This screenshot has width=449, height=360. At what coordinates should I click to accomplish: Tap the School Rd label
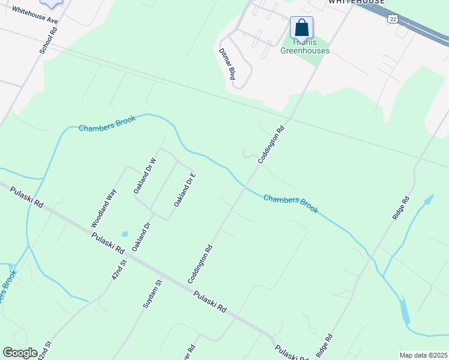pyautogui.click(x=48, y=40)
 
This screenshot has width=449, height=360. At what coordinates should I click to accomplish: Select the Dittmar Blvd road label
pyautogui.click(x=227, y=64)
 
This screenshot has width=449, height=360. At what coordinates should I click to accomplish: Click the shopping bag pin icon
pyautogui.click(x=301, y=28)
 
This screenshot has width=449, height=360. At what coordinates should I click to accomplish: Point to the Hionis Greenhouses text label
pyautogui.click(x=305, y=47)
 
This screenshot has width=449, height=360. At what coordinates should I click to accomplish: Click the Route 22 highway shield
pyautogui.click(x=393, y=19)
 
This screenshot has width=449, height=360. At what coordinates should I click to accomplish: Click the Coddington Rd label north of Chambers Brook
pyautogui.click(x=271, y=145)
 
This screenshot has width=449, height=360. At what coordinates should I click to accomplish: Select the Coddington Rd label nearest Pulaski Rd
pyautogui.click(x=200, y=263)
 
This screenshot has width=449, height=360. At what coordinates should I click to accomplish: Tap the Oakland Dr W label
pyautogui.click(x=145, y=175)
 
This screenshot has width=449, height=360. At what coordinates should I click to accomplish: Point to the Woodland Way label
pyautogui.click(x=103, y=208)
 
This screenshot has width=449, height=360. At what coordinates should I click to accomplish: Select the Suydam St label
pyautogui.click(x=152, y=294)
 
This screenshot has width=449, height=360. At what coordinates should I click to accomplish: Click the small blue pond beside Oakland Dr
pyautogui.click(x=124, y=234)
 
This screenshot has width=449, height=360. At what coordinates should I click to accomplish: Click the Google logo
pyautogui.click(x=20, y=353)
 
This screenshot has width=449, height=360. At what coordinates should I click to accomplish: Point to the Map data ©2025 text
pyautogui.click(x=423, y=355)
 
